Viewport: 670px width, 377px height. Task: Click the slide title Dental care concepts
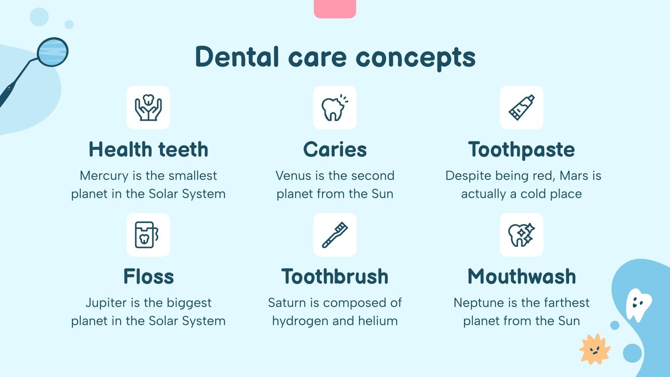tap(335, 57)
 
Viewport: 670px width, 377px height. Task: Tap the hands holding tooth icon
tap(148, 108)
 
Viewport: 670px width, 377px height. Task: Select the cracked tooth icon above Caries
tap(335, 108)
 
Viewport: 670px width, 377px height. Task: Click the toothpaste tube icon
tap(521, 108)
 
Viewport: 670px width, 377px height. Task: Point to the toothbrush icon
tap(335, 235)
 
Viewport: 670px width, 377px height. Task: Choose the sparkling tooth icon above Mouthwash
tap(521, 235)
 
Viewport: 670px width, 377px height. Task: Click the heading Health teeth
tap(148, 150)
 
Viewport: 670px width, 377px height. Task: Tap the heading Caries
tap(335, 150)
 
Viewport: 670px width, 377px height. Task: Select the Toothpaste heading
tap(521, 150)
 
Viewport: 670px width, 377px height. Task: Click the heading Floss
tap(148, 276)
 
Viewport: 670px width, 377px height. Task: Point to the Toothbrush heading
tap(335, 276)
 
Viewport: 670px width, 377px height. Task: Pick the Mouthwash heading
tap(521, 276)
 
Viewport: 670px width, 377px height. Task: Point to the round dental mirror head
tap(52, 52)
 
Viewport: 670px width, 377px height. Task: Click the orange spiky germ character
tap(595, 349)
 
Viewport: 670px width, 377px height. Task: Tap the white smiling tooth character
tap(638, 304)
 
